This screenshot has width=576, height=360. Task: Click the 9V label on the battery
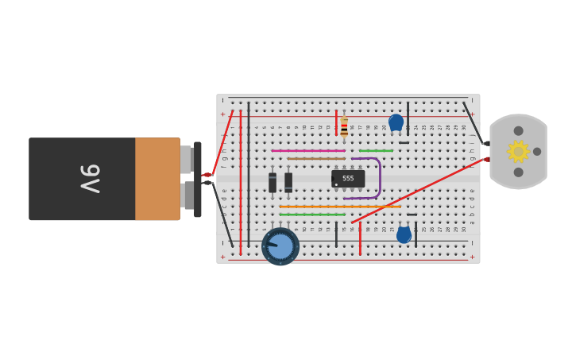[89, 179]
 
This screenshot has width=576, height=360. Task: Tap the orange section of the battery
[157, 179]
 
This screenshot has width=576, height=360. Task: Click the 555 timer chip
[348, 179]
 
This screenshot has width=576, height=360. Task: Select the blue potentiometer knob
[280, 246]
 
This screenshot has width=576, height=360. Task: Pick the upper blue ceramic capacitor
[396, 122]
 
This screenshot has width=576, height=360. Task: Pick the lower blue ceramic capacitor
[404, 234]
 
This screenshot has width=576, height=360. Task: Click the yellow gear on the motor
[518, 151]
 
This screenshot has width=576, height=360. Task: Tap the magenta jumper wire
[307, 150]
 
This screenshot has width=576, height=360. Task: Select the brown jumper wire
[315, 158]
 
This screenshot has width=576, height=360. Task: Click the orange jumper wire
[339, 207]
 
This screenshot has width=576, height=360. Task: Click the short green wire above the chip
[376, 150]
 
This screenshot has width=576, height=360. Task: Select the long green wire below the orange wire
[311, 215]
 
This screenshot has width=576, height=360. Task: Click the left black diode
[273, 182]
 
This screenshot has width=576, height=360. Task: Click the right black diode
[288, 182]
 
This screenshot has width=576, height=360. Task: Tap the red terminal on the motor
[487, 159]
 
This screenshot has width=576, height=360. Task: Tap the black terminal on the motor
[486, 143]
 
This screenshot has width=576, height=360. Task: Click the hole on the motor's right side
[537, 151]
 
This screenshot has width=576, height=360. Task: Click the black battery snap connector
[197, 179]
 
